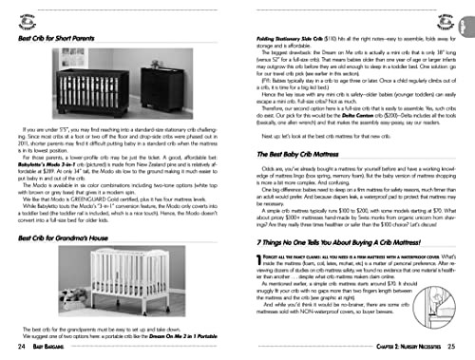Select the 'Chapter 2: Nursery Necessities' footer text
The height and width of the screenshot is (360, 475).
point(396,349)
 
